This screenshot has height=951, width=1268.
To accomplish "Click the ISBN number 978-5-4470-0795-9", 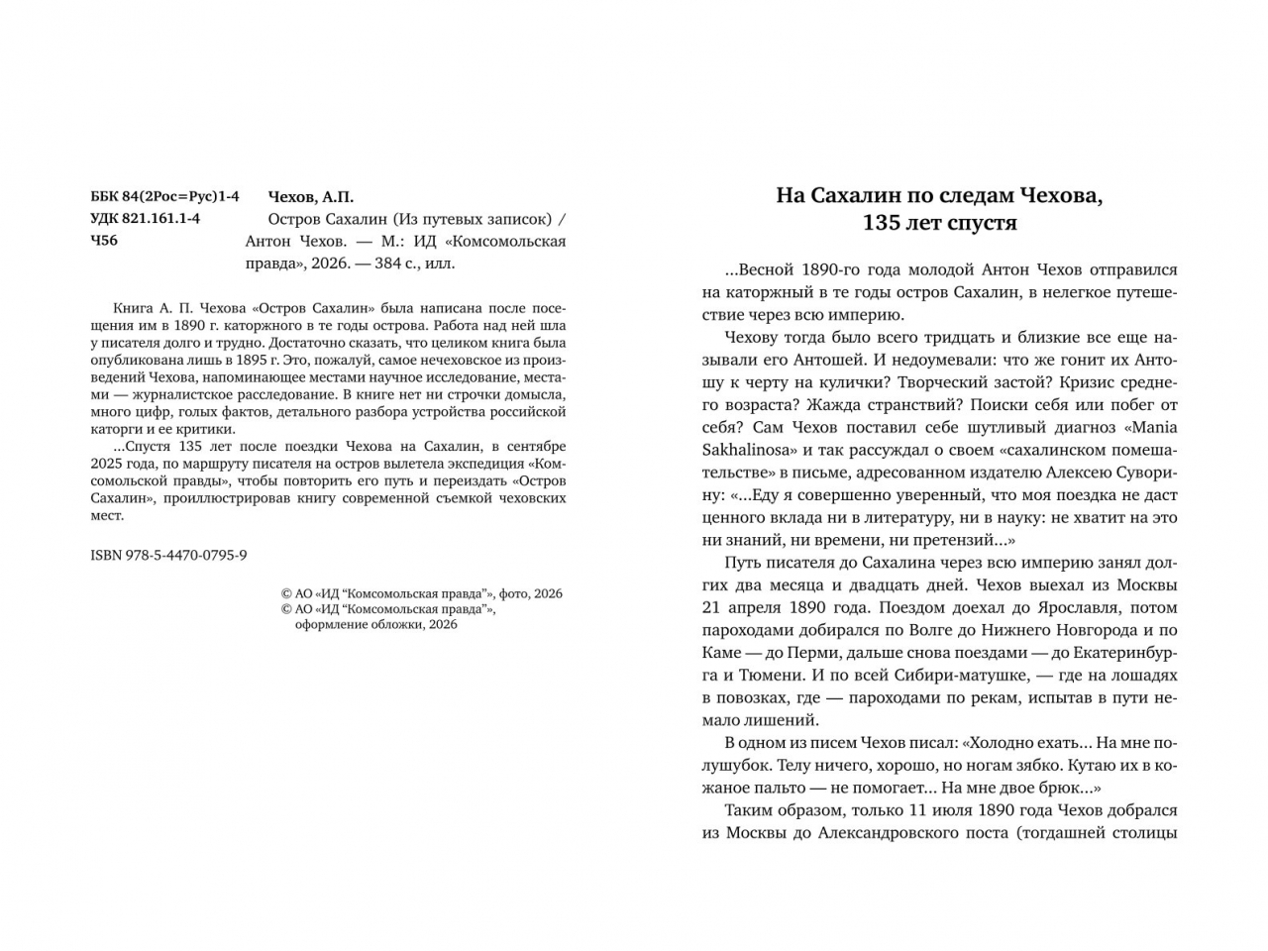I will [167, 555].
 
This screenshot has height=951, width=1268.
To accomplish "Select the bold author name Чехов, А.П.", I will [310, 197].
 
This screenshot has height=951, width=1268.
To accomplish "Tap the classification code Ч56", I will [103, 241].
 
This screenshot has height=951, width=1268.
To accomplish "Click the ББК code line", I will [164, 197].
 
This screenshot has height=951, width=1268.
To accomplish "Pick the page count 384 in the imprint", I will [391, 264].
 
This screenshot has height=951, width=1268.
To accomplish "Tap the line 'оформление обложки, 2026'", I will [376, 624].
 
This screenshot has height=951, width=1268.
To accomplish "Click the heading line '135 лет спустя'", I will [939, 223].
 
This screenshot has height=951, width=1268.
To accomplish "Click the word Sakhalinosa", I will [750, 450].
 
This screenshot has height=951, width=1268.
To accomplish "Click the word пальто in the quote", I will [782, 789].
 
